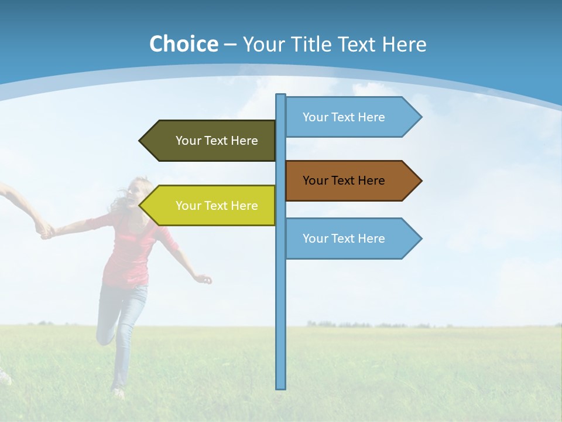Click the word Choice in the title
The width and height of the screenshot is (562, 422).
pyautogui.click(x=183, y=44)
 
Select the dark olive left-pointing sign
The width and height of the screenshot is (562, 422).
pyautogui.click(x=217, y=141)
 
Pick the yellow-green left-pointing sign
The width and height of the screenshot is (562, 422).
pyautogui.click(x=217, y=206)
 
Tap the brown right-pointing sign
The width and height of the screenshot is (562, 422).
pyautogui.click(x=344, y=181)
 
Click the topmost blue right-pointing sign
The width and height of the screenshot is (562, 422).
pyautogui.click(x=344, y=117)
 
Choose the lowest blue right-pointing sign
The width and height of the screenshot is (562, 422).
pyautogui.click(x=344, y=239)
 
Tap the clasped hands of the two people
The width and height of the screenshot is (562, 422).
pyautogui.click(x=44, y=232)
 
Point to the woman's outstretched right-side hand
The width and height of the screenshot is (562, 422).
pyautogui.click(x=204, y=279)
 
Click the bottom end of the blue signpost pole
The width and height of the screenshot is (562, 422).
pyautogui.click(x=280, y=386)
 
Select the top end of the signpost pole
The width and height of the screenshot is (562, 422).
pyautogui.click(x=280, y=96)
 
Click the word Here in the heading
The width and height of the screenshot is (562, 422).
pyautogui.click(x=404, y=44)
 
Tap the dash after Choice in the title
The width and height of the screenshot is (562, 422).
pyautogui.click(x=230, y=45)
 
